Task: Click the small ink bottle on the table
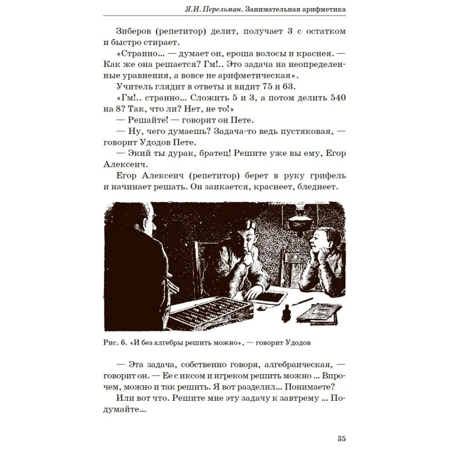(x=285, y=312)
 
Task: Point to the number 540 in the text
(x=333, y=98)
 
